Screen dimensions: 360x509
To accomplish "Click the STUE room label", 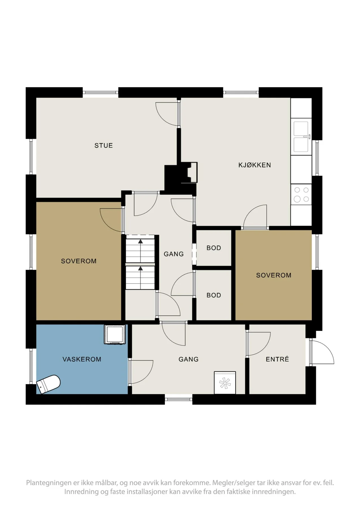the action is (x=104, y=145).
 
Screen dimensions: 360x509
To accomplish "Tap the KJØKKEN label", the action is (x=255, y=165).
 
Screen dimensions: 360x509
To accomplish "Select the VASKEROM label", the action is (x=82, y=359).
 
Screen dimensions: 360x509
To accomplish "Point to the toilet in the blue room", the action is (x=48, y=384).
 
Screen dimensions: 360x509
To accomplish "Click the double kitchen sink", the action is (x=301, y=137).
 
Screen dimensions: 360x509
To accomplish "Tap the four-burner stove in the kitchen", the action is (x=301, y=195).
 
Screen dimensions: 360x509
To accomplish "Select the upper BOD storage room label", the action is (x=214, y=248).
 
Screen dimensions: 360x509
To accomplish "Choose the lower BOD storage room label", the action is (x=214, y=295).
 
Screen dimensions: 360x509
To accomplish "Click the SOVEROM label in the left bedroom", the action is (x=79, y=261).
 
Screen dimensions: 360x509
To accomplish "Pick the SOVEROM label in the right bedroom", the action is (x=273, y=275).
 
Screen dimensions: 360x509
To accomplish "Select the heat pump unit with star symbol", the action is (x=225, y=383).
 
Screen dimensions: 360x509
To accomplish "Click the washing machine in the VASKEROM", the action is (x=115, y=335).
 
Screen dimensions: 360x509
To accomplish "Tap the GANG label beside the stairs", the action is (x=174, y=254).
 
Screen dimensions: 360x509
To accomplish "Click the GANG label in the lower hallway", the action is (x=188, y=359).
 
